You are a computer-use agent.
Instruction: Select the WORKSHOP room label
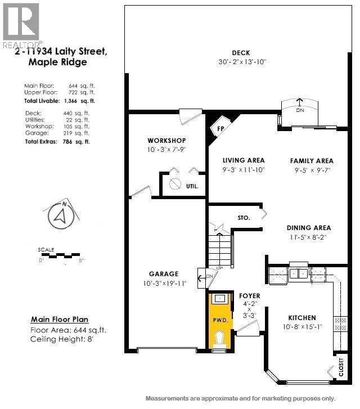tap(166, 141)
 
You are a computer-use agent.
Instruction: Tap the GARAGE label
tap(164, 274)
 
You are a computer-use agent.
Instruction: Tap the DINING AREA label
tap(309, 228)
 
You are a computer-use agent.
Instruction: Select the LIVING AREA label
tap(243, 160)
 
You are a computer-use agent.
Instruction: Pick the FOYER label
tap(249, 295)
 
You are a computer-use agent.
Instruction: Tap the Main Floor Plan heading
tap(57, 318)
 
